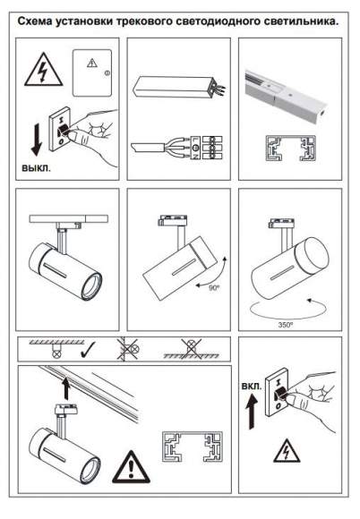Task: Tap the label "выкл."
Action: click(x=37, y=168)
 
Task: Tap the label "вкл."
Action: click(x=252, y=386)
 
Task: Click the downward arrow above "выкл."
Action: click(x=37, y=140)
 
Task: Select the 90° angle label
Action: click(x=214, y=288)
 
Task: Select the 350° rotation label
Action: click(x=286, y=325)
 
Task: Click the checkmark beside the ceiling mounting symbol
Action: click(x=88, y=351)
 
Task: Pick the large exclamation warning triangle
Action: click(x=131, y=467)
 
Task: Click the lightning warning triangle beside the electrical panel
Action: click(x=43, y=70)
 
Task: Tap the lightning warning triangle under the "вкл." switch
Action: click(x=287, y=451)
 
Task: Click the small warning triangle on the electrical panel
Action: click(x=92, y=63)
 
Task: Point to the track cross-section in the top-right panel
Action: click(x=290, y=148)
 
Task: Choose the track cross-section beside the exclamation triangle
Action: click(x=192, y=447)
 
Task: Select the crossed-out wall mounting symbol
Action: click(x=129, y=349)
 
